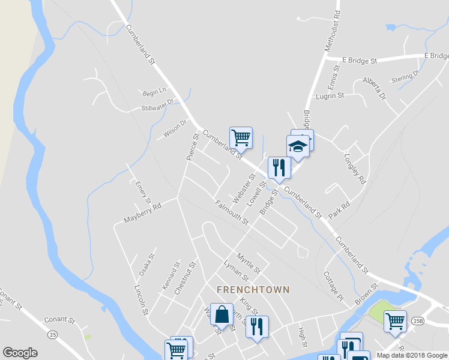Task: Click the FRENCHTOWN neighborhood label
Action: click(x=253, y=289)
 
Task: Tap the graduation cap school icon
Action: click(x=298, y=146)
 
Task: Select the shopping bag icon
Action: click(x=221, y=314)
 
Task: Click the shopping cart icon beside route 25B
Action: click(x=395, y=322)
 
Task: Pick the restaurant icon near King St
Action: click(x=257, y=327)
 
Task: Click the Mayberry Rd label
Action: click(x=143, y=213)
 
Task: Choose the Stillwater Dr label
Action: click(x=157, y=106)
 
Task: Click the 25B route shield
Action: click(x=418, y=320)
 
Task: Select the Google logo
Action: click(x=20, y=352)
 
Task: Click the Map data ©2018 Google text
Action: click(x=412, y=355)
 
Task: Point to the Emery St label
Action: click(x=143, y=192)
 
